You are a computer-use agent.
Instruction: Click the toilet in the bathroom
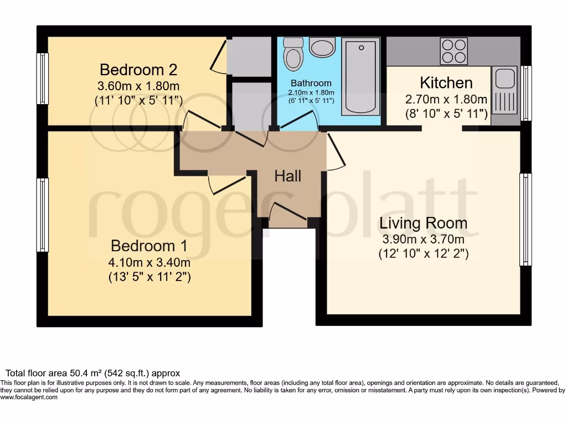[x=292, y=52]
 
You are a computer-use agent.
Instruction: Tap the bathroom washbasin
[x=322, y=48]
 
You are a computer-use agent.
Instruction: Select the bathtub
[x=360, y=76]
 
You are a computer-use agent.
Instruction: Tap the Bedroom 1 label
[x=149, y=246]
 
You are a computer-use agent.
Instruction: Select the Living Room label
[x=423, y=224]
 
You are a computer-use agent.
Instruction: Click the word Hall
[x=288, y=176]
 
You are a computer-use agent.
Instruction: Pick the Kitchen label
[x=446, y=83]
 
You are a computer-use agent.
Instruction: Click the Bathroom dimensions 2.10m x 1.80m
[x=312, y=93]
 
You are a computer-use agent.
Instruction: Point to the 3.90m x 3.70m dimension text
[x=423, y=240]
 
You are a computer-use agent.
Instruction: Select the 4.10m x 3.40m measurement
[x=150, y=262]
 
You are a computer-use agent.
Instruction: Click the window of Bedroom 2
[x=43, y=78]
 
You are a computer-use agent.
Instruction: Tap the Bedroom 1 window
[x=43, y=215]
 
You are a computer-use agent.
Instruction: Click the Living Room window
[x=525, y=219]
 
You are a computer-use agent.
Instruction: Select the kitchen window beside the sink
[x=527, y=93]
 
